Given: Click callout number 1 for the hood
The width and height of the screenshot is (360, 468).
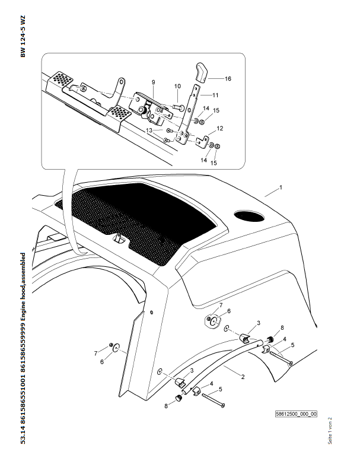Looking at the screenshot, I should point(281,187).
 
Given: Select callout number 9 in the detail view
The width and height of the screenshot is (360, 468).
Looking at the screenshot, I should point(152,82).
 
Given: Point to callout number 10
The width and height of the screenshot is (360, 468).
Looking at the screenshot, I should point(177,86).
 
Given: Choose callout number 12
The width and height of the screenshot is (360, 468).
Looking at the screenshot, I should point(219,128).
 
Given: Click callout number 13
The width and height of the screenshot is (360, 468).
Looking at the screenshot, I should point(150,129).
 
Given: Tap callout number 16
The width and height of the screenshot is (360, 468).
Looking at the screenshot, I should point(228,78).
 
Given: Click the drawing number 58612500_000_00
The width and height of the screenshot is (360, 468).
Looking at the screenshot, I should point(297,414).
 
